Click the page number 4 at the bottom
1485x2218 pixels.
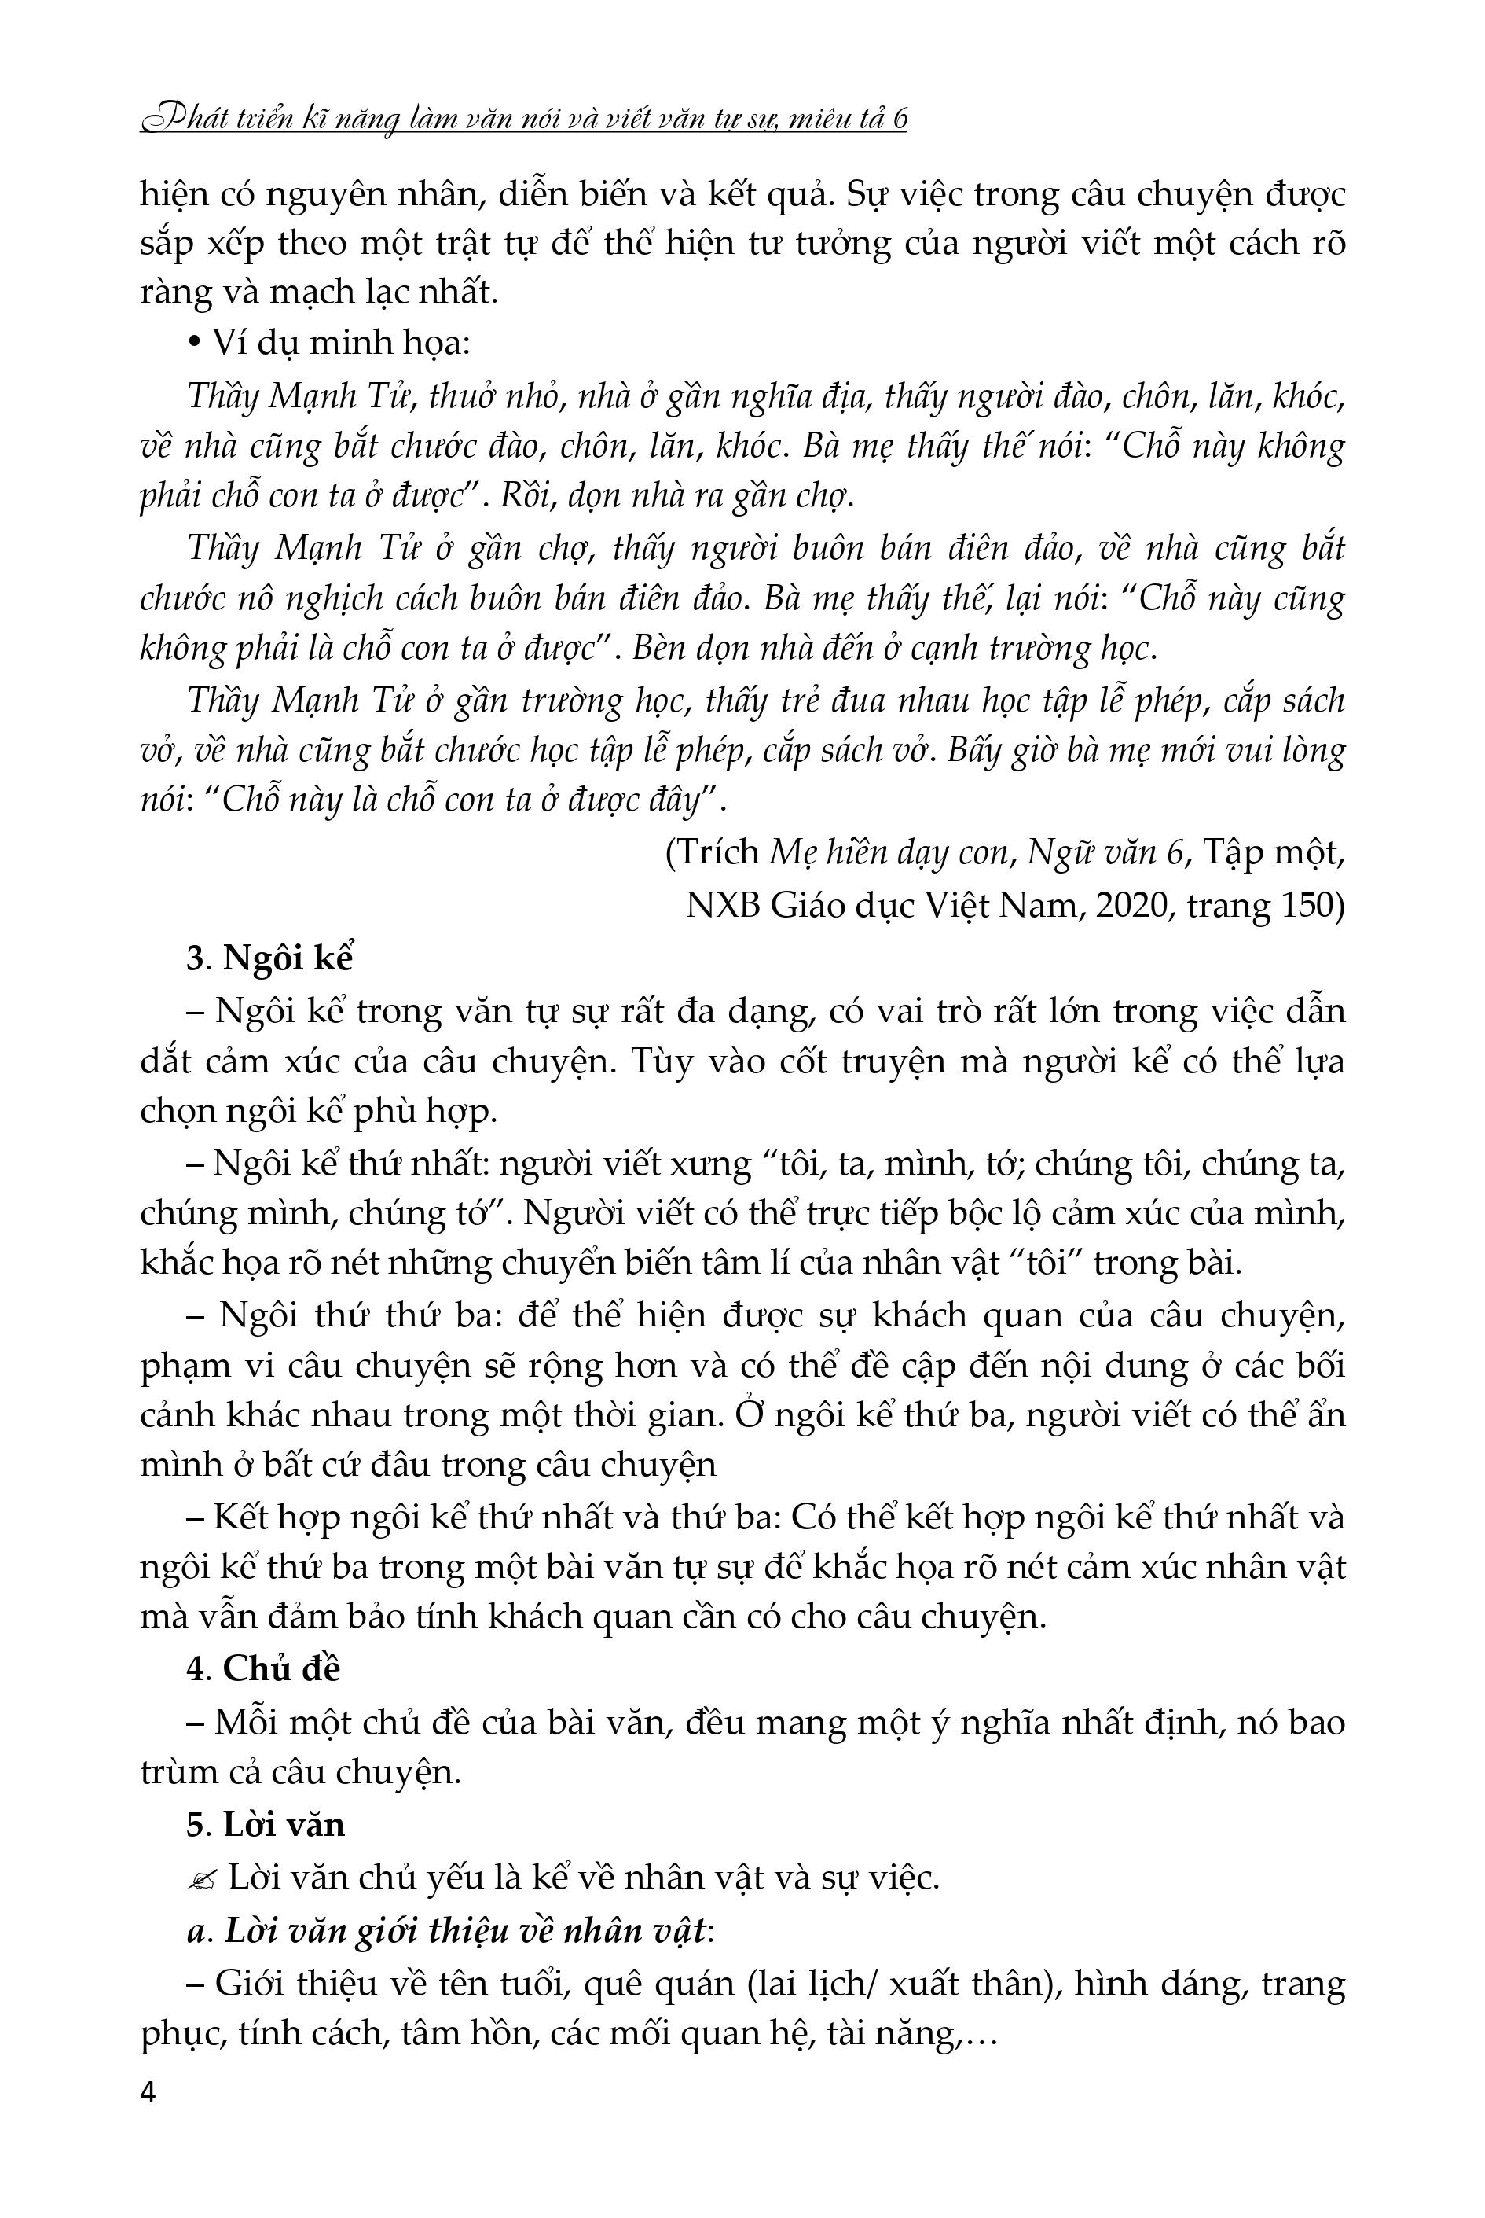[x=148, y=2093]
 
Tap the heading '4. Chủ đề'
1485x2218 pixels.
[x=262, y=1669]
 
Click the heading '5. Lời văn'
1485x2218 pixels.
[x=266, y=1824]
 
